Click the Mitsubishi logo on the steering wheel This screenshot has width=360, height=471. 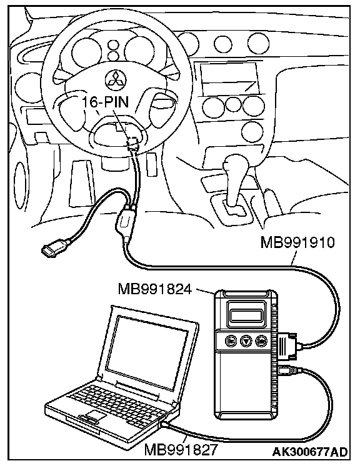pos(116,81)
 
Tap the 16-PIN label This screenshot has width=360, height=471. pos(106,102)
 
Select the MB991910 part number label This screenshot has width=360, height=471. pos(297,242)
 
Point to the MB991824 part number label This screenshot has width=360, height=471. pos(155,289)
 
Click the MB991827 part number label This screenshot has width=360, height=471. pos(181,450)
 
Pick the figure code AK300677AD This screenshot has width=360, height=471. pos(310,452)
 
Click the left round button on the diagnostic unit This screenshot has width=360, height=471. pos(231,341)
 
